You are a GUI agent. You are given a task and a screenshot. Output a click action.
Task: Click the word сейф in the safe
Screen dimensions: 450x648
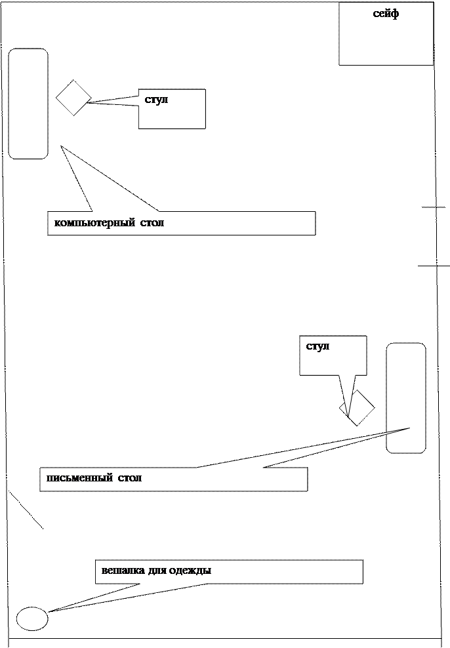pyautogui.click(x=386, y=14)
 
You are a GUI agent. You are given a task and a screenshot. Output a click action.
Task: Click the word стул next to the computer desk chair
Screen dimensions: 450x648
pyautogui.click(x=156, y=100)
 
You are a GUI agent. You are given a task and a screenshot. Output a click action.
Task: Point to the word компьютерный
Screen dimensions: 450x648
pyautogui.click(x=94, y=223)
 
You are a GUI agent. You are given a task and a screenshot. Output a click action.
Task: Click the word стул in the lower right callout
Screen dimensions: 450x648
pyautogui.click(x=317, y=346)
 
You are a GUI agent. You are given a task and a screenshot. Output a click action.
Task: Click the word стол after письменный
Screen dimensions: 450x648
pyautogui.click(x=130, y=478)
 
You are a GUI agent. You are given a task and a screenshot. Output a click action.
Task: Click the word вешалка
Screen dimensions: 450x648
pyautogui.click(x=123, y=571)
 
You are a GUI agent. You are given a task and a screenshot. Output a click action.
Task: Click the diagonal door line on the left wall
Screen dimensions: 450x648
pyautogui.click(x=26, y=510)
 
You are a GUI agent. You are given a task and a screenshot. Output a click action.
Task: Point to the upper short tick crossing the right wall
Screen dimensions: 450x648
pyautogui.click(x=434, y=207)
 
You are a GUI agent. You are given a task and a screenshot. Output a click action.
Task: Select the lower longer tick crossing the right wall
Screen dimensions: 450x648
pyautogui.click(x=434, y=266)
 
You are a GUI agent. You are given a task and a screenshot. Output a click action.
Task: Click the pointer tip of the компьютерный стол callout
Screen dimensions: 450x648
pyautogui.click(x=61, y=146)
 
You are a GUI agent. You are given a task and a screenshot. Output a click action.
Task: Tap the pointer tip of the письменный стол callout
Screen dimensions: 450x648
pyautogui.click(x=409, y=428)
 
